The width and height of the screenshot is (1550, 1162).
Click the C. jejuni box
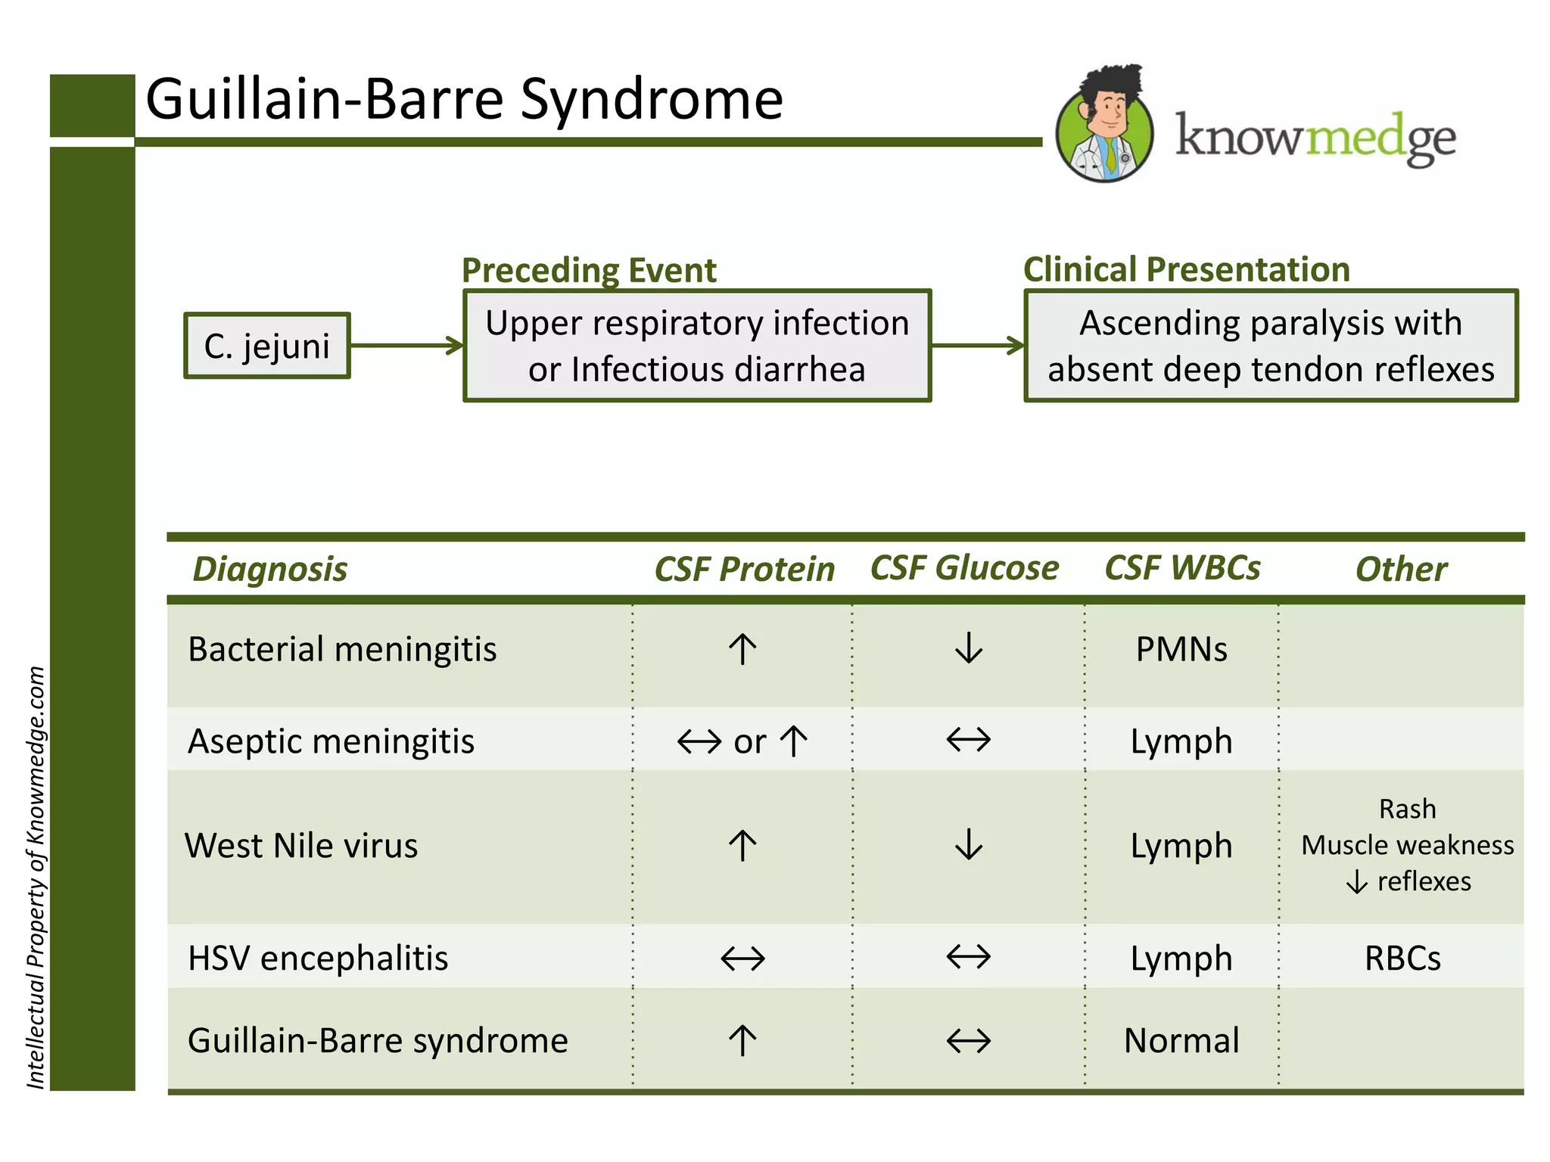coord(266,346)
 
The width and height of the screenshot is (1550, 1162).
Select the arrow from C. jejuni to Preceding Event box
coord(406,346)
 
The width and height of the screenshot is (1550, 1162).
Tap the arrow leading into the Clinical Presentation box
coord(977,346)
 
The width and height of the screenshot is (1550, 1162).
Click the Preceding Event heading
coord(589,270)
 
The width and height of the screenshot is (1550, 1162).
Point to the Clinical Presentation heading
coord(1186,269)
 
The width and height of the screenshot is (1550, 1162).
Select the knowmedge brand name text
coord(1315,138)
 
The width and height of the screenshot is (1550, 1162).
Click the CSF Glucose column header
coord(964,568)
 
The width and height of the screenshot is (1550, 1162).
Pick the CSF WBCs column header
coord(1182,568)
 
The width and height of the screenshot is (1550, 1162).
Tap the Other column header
coord(1401,569)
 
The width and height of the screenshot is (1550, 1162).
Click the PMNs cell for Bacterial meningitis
coord(1181,649)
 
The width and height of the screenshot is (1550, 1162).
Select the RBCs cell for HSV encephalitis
coord(1402,958)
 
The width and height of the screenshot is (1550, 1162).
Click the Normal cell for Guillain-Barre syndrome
coord(1181,1040)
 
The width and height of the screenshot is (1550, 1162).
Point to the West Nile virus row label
coord(301,846)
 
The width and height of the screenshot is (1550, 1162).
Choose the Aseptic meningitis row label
coord(331,741)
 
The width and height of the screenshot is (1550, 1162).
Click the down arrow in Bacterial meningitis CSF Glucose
coord(968,648)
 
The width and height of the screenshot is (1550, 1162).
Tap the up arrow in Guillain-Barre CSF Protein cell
coord(742,1040)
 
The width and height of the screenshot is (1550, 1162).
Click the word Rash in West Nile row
coord(1407,809)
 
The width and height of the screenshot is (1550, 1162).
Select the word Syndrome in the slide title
coord(652,100)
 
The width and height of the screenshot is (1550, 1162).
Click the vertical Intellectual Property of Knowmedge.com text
coord(36,878)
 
